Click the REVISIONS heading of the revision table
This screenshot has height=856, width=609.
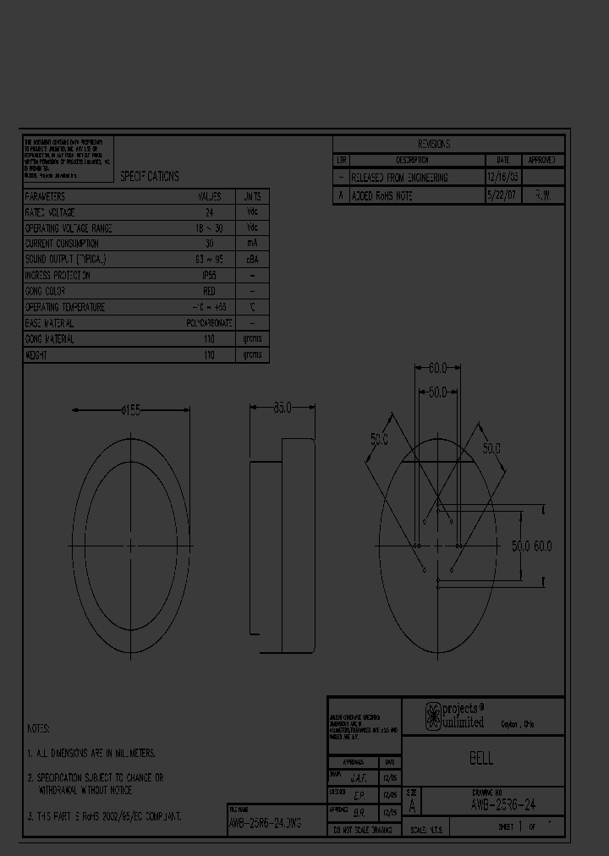pos(434,144)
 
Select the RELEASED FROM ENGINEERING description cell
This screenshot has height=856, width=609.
pos(399,178)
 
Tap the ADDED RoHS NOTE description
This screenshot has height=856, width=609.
pos(381,195)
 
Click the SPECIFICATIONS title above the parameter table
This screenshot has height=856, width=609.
pos(149,176)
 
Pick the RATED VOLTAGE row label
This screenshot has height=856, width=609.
pos(50,212)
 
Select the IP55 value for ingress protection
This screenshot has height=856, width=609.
pos(208,276)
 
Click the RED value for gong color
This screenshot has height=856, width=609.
pos(209,291)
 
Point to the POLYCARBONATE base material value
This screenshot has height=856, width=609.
pos(208,323)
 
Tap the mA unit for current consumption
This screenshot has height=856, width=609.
pos(252,244)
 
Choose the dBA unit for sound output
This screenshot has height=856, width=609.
pos(252,260)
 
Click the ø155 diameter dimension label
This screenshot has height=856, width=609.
pos(131,409)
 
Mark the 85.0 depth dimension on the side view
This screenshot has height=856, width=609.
pos(283,407)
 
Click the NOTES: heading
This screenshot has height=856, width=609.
pos(39,728)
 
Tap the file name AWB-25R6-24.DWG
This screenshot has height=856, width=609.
pos(265,822)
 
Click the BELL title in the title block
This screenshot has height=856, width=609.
pos(481,759)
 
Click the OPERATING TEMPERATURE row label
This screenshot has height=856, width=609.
pos(65,307)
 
